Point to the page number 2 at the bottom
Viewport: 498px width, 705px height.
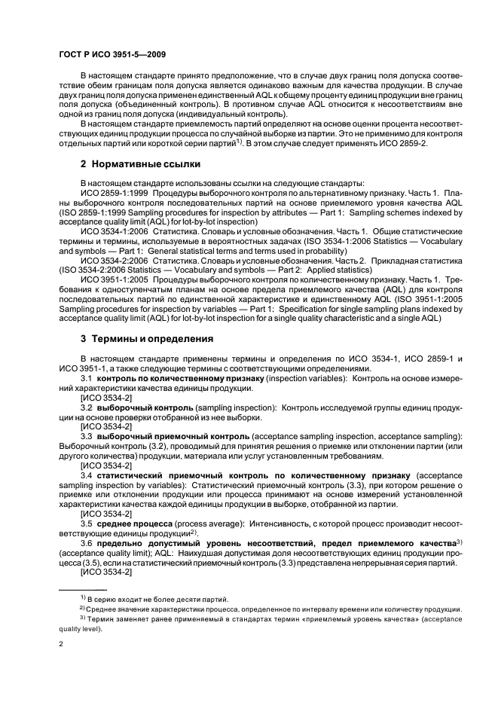coord(61,644)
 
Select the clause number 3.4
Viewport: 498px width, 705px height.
coord(87,477)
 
